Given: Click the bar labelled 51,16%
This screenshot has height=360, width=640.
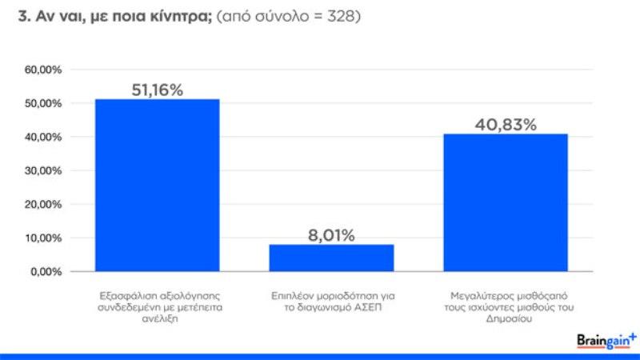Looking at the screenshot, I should click(157, 185).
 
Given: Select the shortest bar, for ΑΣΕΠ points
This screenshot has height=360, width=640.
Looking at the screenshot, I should click(331, 258).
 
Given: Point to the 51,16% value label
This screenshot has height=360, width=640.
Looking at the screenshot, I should click(157, 90).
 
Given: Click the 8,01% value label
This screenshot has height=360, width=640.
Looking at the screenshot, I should click(331, 235).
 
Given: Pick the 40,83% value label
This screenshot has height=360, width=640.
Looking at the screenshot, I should click(506, 125).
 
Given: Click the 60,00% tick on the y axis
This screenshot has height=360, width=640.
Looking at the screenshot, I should click(44, 70).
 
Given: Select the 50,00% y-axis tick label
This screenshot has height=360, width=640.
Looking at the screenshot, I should click(44, 104).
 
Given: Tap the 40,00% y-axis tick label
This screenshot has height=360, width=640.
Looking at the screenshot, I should click(44, 138).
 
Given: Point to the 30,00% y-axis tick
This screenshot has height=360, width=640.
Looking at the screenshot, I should click(44, 171).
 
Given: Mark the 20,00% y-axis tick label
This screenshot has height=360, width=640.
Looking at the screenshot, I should click(44, 205).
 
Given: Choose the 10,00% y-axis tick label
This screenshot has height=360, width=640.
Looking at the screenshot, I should click(44, 238).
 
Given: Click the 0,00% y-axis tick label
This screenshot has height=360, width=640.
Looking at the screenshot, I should click(46, 272).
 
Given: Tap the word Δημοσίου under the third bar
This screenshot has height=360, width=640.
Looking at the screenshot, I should click(506, 319).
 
